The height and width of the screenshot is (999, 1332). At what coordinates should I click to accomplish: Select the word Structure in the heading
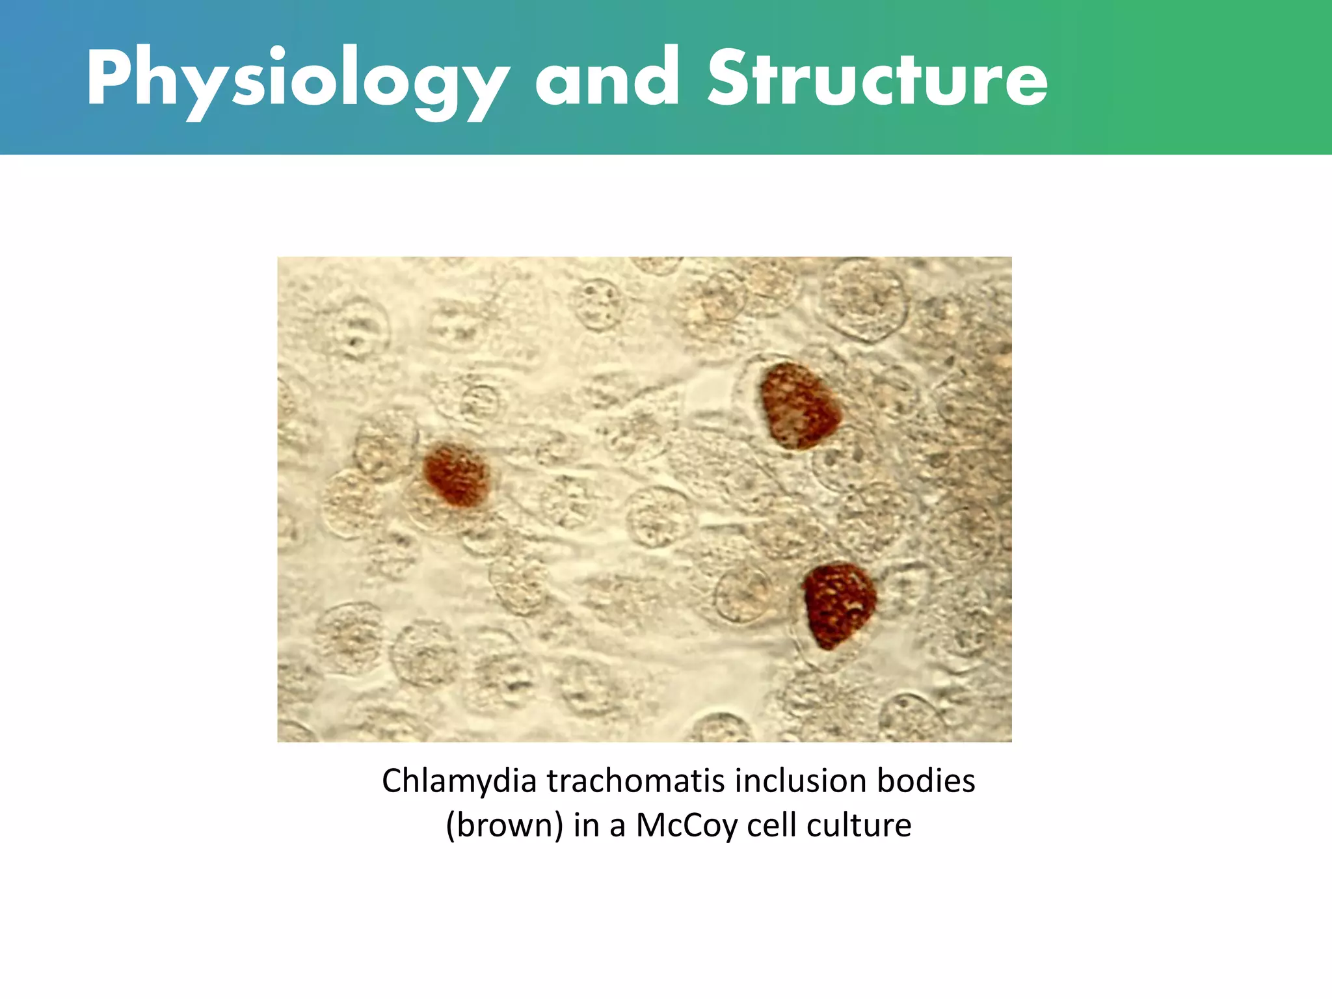877,79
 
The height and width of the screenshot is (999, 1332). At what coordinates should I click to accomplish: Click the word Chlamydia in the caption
459,781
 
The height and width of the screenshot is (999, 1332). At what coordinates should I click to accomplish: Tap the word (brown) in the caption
504,825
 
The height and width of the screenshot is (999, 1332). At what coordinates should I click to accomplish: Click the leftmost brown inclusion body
456,475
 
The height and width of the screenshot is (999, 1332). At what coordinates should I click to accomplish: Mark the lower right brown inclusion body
838,605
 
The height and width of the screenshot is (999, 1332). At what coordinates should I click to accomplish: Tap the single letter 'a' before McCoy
617,827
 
